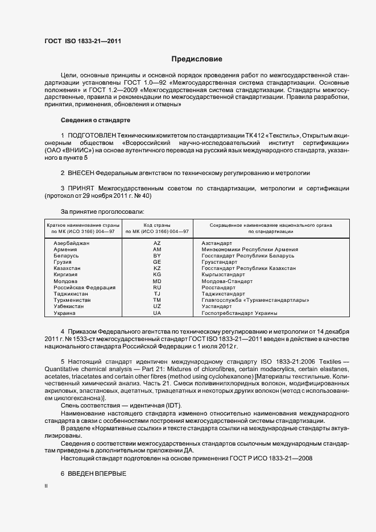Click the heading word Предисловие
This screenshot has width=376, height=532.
click(197, 59)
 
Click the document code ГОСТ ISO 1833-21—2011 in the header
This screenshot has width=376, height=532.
click(82, 41)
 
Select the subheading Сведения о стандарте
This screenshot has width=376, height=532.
click(96, 120)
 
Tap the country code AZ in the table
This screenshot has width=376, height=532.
click(157, 243)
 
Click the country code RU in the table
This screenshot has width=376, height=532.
click(157, 288)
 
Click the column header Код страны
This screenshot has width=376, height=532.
click(156, 225)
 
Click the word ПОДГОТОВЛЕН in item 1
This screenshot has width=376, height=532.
click(91, 135)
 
